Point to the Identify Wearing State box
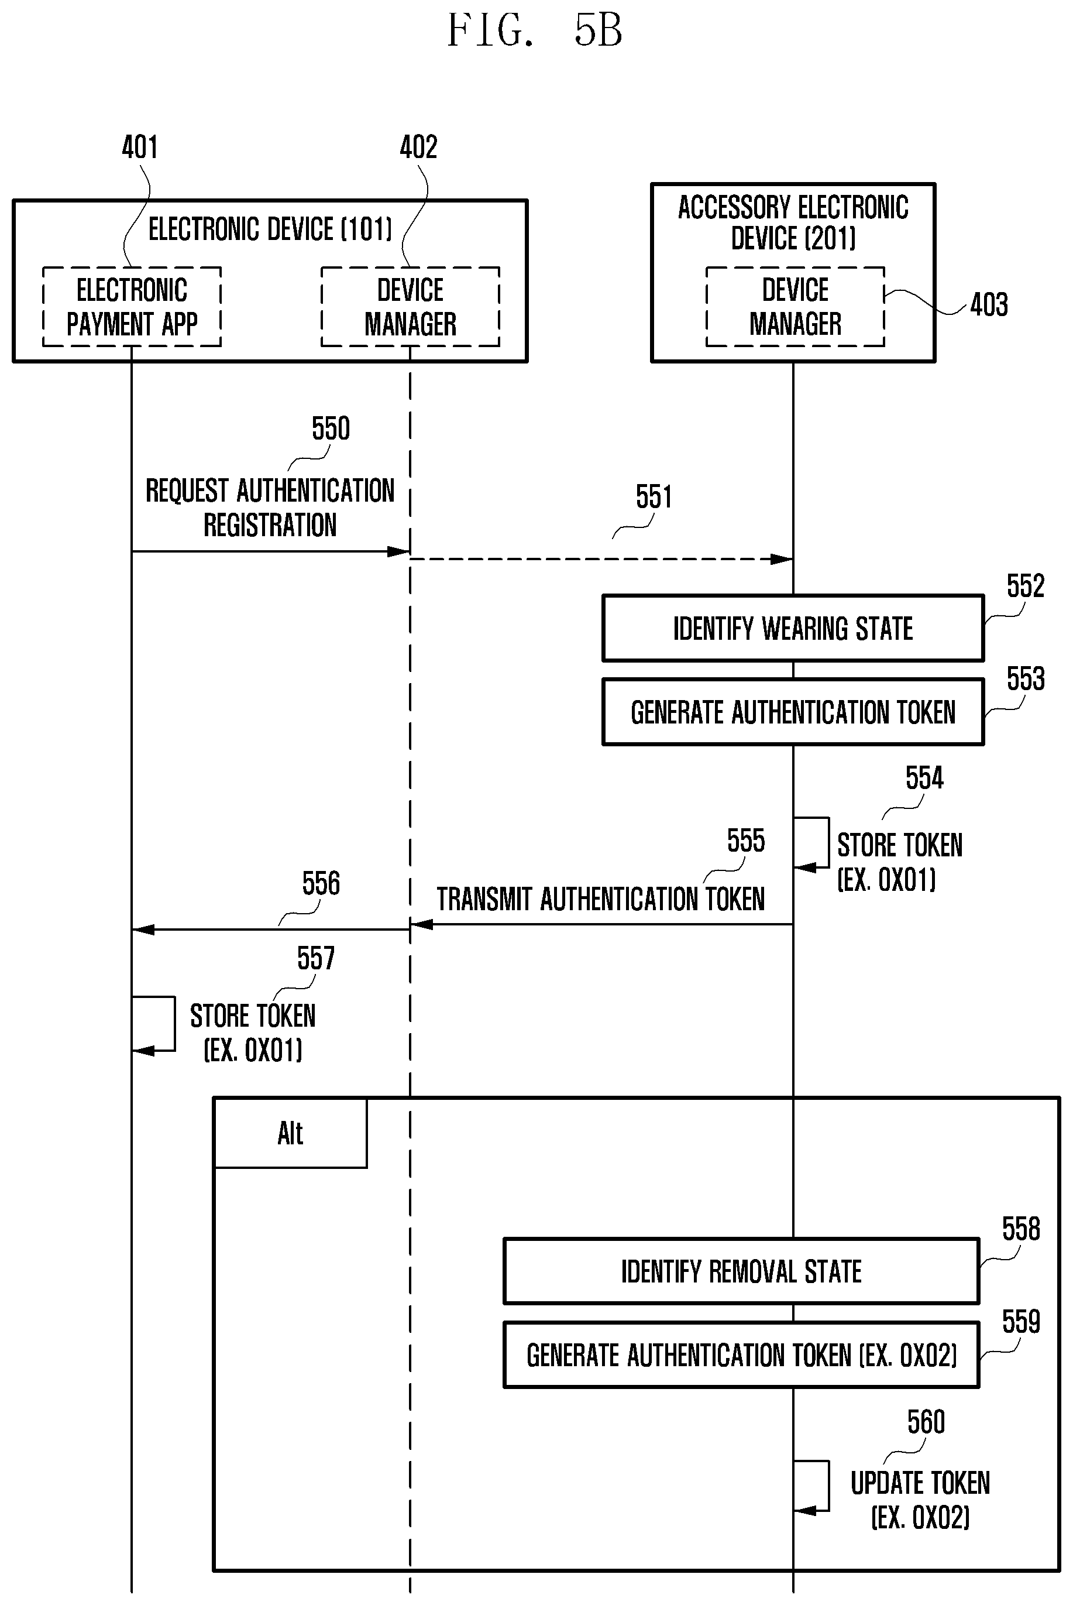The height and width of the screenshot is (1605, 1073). [793, 628]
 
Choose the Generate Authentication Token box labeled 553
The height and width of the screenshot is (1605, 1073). [793, 712]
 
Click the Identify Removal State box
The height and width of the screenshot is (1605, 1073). [741, 1271]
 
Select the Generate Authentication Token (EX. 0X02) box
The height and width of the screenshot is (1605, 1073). [741, 1354]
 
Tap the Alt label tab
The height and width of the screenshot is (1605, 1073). [291, 1133]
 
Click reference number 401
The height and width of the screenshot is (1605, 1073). [140, 147]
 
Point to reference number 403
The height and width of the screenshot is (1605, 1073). [989, 304]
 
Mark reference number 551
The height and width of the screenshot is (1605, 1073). [654, 496]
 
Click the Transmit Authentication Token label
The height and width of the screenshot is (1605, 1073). [601, 898]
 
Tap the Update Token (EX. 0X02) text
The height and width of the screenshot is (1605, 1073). [920, 1500]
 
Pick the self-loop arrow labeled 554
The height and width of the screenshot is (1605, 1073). [828, 842]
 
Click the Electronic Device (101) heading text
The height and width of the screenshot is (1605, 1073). [270, 229]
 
